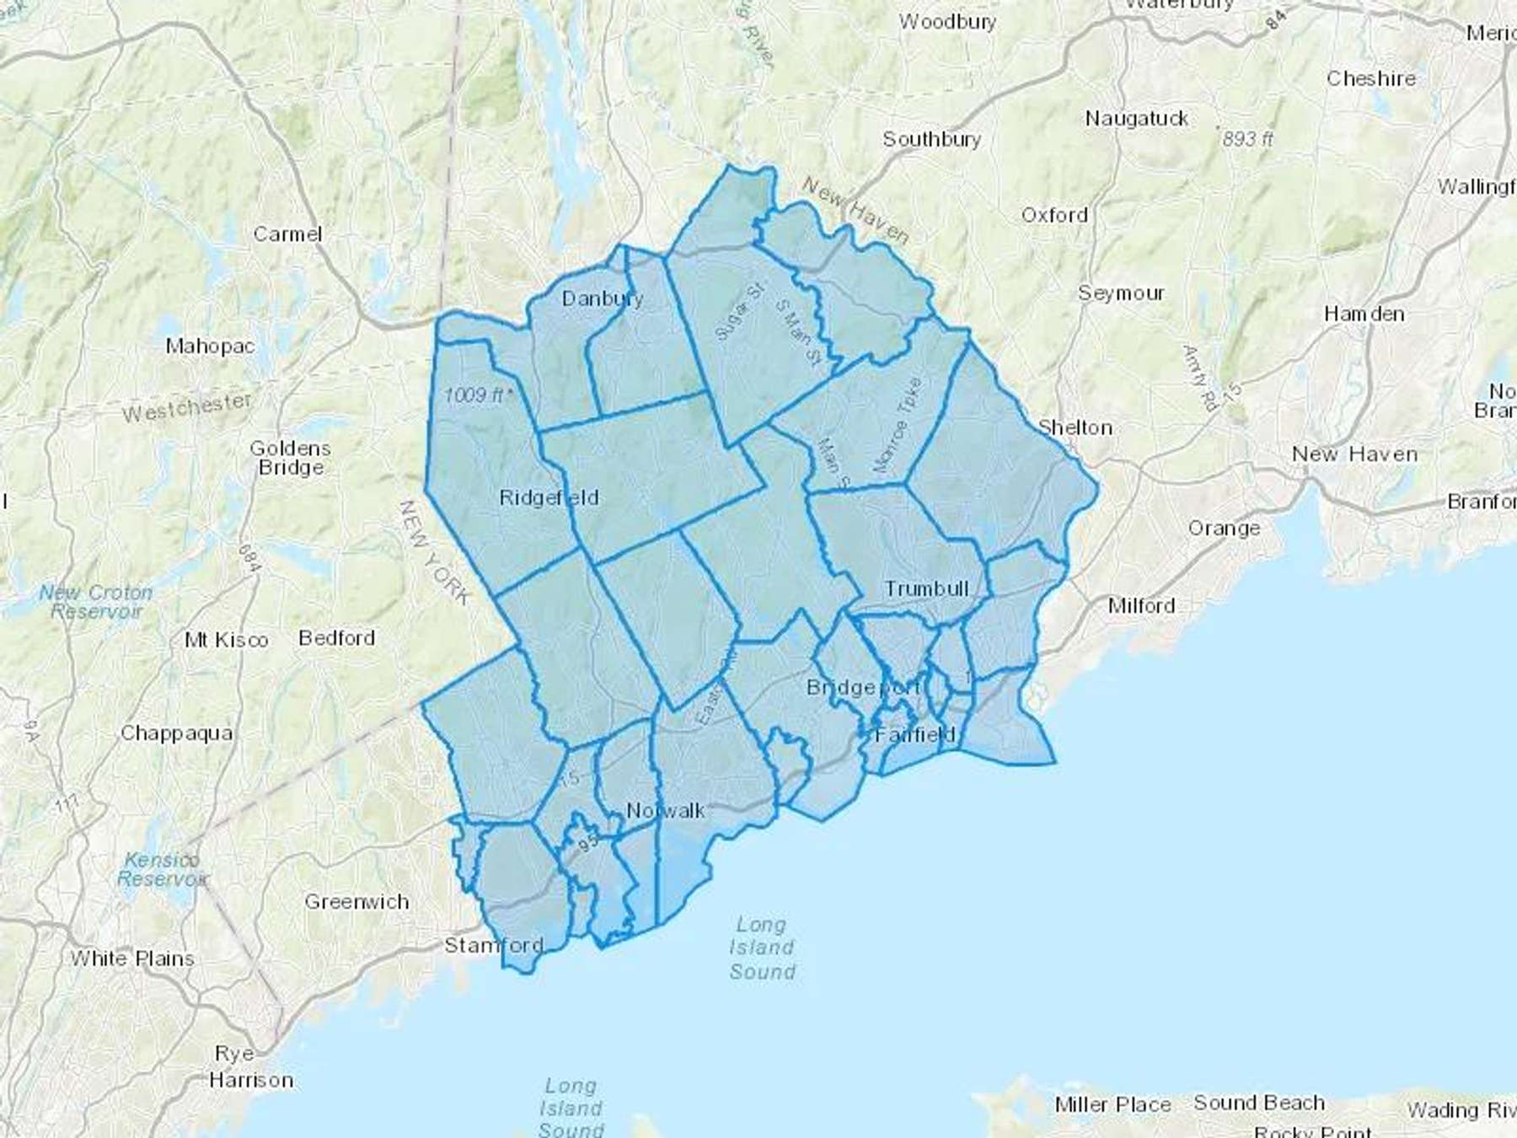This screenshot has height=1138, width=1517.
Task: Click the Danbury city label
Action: coord(602,298)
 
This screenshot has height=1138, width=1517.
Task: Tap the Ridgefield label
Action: coord(549,497)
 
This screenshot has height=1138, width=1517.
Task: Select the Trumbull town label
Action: coord(926,588)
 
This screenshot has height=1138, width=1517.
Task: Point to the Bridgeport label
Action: coord(862,688)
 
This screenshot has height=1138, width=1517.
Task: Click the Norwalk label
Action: coord(666,811)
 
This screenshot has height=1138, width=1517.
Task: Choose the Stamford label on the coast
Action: coord(494,945)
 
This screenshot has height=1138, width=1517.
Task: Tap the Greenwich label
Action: coord(356,902)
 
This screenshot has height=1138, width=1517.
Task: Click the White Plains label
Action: coord(132,958)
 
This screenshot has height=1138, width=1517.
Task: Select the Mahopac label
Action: coord(210,346)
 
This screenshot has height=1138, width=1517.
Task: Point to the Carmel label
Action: coord(287,234)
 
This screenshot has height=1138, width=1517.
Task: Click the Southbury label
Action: coord(931,139)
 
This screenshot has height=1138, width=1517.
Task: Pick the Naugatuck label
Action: coord(1136,119)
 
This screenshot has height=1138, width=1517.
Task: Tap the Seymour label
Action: coord(1121,293)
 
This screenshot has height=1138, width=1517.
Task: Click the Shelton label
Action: coord(1075,427)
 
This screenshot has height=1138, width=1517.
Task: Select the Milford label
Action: coord(1141,605)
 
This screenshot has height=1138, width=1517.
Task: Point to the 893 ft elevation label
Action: coord(1247,138)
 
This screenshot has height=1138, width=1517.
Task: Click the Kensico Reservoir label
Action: coord(161,869)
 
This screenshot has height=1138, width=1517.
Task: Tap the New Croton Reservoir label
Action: coord(96,602)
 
